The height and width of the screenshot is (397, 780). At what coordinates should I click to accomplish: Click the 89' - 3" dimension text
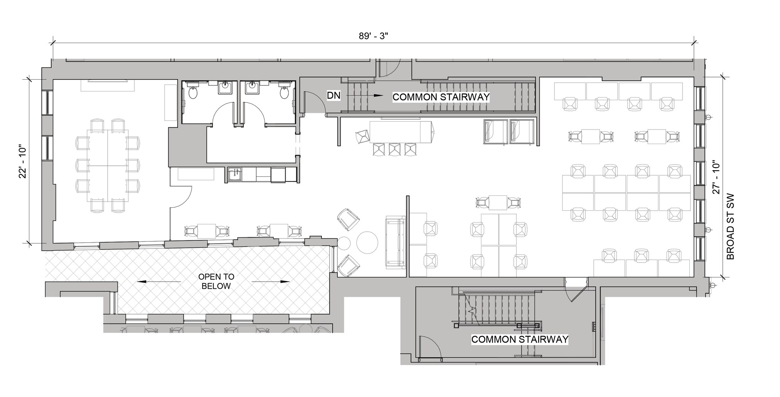[x=373, y=36]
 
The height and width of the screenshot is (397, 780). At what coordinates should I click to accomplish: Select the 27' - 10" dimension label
[x=716, y=178]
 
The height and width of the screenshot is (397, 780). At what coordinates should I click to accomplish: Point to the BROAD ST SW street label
[x=730, y=228]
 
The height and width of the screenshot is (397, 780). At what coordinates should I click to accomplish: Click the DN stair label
[x=334, y=96]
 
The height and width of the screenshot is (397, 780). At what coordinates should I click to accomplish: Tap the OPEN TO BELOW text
[x=216, y=281]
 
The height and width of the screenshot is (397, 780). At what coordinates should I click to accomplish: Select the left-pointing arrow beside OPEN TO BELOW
[x=159, y=282]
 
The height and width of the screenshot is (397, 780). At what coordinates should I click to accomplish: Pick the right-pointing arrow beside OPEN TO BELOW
[x=270, y=282]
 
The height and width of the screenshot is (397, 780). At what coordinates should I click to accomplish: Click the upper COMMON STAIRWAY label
[x=441, y=97]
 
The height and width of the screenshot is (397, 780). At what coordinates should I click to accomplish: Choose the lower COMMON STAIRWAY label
[x=519, y=339]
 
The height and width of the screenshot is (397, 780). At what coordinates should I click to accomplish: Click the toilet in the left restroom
[x=193, y=93]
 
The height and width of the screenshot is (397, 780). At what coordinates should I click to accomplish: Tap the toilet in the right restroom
[x=284, y=93]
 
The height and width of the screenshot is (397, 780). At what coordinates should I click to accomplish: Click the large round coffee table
[x=367, y=243]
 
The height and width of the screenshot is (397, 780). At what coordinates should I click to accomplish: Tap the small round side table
[x=344, y=243]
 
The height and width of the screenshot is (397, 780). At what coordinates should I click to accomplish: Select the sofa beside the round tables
[x=395, y=242]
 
